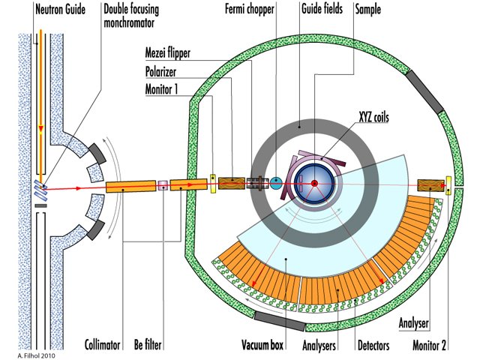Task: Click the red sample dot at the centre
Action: coord(315,183)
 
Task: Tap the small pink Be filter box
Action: coord(161,183)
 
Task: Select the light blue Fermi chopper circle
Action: coord(275,182)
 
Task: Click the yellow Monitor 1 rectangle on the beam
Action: coord(212,182)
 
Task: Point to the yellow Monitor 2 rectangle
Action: coord(448,184)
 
